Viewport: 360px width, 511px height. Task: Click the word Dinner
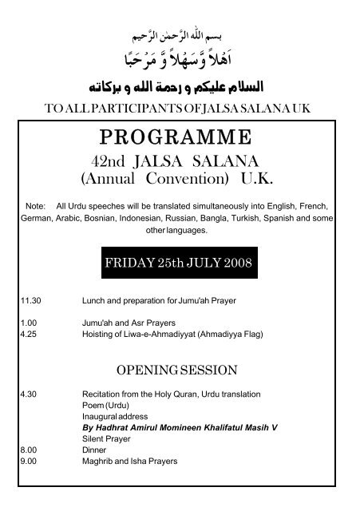click(94, 450)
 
